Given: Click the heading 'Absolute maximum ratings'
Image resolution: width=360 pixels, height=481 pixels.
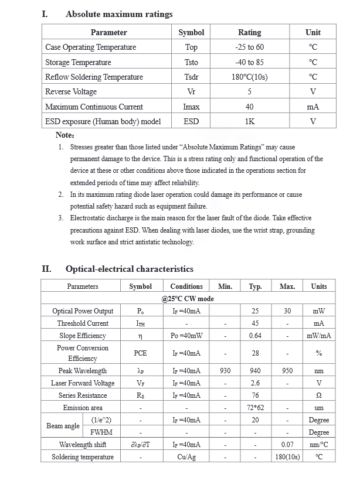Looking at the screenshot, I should [x=119, y=14].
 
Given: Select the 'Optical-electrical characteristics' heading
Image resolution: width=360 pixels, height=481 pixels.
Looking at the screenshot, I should [x=129, y=270].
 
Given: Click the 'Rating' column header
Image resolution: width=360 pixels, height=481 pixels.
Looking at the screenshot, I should [x=250, y=32].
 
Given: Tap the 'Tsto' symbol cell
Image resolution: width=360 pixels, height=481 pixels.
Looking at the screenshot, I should [x=191, y=62].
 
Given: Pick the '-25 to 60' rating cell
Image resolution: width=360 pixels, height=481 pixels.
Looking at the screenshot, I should [x=249, y=47].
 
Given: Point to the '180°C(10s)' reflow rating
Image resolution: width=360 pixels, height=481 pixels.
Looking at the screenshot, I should [x=249, y=77].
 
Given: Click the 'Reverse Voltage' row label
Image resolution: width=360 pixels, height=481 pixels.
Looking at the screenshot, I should [x=71, y=92].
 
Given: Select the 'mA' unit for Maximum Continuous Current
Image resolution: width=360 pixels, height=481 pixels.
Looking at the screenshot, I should [x=313, y=107].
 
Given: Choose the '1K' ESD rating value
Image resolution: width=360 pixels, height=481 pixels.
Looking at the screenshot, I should [x=250, y=121].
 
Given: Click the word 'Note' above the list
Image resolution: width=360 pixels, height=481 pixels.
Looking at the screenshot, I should [x=64, y=135].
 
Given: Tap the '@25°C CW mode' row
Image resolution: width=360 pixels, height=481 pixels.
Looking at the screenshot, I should [x=188, y=299].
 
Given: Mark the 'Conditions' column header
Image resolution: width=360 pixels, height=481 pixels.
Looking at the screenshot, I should [x=186, y=286].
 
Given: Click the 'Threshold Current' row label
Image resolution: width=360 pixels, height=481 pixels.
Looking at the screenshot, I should [x=83, y=323].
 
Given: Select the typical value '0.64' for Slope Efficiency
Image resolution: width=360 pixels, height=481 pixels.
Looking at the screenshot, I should [x=255, y=336].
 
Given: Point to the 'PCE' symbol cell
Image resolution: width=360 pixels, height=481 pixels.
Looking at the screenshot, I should [x=140, y=353].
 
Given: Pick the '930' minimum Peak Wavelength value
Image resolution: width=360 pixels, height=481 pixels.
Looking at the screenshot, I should [x=225, y=371].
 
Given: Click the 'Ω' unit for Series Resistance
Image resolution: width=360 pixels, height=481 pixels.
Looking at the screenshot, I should [x=319, y=395].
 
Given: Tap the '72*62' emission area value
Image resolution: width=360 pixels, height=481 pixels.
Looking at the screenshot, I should [x=255, y=408].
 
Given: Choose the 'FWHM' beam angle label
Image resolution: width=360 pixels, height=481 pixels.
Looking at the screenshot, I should [x=102, y=432].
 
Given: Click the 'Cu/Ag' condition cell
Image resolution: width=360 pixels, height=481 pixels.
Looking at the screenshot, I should [x=186, y=457].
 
